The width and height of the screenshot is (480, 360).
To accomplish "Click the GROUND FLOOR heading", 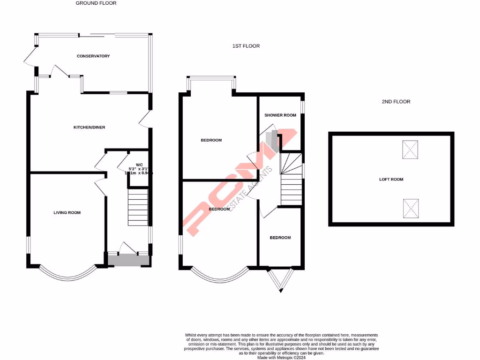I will [96, 3].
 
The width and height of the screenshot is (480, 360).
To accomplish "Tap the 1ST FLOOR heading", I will [246, 46].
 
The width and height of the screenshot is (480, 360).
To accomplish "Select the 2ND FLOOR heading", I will [397, 102].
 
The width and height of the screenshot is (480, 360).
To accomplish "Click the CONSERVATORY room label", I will [93, 56].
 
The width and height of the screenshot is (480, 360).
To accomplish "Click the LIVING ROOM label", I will [67, 213].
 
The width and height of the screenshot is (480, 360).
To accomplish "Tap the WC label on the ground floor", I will [139, 165].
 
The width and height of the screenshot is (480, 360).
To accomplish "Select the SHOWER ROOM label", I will [280, 115].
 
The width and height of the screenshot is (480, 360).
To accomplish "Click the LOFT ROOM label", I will [391, 180].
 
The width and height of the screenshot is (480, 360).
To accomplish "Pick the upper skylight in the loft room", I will [411, 149].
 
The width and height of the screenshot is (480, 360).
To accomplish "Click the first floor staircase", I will [291, 180].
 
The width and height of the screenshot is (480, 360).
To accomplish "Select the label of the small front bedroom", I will [280, 238].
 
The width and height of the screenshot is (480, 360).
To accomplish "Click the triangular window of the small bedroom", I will [280, 279].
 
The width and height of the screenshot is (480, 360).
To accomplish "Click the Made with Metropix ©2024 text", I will [281, 357].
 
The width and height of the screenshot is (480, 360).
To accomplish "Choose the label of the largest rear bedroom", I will [211, 140].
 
